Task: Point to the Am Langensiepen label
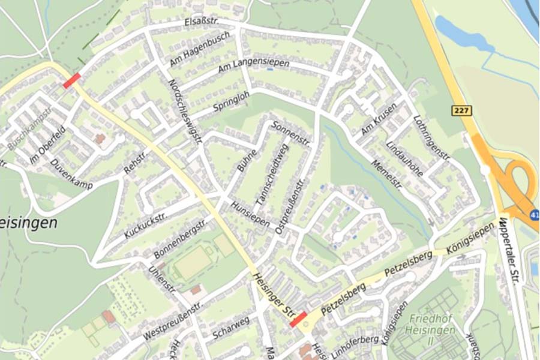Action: pos(253,67)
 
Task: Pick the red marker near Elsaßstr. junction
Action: pos(71,80)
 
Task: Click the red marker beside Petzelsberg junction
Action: pos(298,319)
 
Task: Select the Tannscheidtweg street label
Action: pos(272,172)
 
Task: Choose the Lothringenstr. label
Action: pos(431,138)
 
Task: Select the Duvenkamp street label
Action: pos(72,174)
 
